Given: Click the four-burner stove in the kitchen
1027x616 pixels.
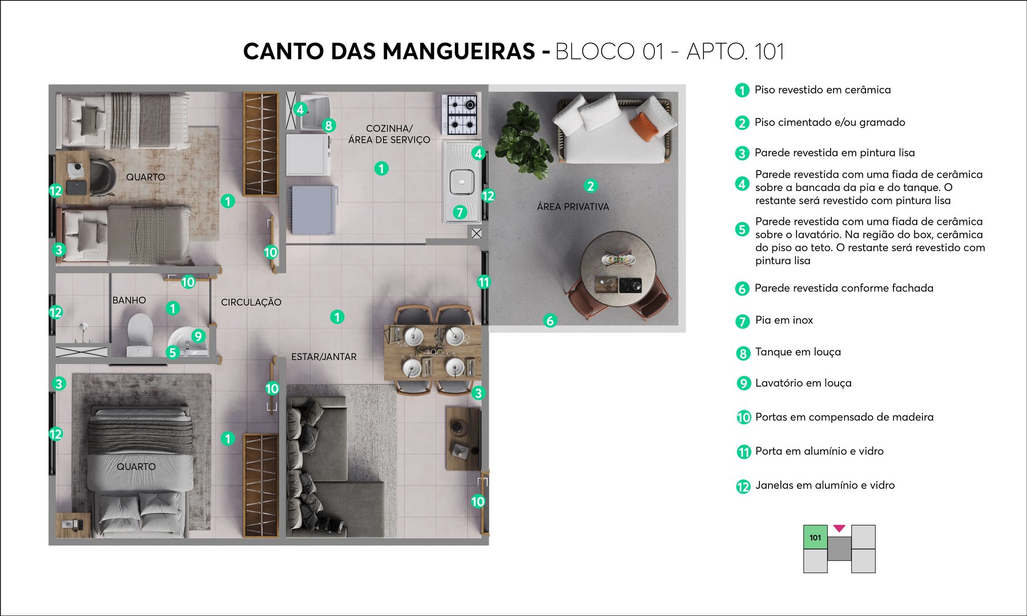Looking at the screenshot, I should pyautogui.click(x=460, y=114).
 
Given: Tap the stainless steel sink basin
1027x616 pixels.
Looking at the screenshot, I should pyautogui.click(x=461, y=183).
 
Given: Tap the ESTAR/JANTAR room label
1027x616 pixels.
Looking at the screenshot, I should pyautogui.click(x=324, y=356).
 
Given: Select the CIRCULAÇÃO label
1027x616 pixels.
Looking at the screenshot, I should pyautogui.click(x=251, y=302).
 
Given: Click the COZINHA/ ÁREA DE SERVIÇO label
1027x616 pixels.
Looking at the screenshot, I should pyautogui.click(x=389, y=134).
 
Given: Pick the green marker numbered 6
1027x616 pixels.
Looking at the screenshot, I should pyautogui.click(x=550, y=321).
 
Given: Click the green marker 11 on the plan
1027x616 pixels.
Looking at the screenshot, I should pyautogui.click(x=484, y=282).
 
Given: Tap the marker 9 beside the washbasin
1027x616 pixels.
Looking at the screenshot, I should pyautogui.click(x=198, y=336).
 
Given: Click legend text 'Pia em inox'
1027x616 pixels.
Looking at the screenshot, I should pyautogui.click(x=784, y=320).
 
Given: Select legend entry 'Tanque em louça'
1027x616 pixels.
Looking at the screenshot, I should pyautogui.click(x=798, y=352).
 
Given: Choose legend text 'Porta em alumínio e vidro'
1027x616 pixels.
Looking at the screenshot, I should pyautogui.click(x=819, y=451).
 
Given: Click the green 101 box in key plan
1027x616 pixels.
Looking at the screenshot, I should pyautogui.click(x=815, y=537).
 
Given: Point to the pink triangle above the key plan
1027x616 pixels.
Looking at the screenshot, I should pyautogui.click(x=839, y=529).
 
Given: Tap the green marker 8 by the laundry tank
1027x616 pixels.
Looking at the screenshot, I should pyautogui.click(x=328, y=125).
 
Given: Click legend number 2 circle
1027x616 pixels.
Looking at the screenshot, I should pyautogui.click(x=742, y=123).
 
